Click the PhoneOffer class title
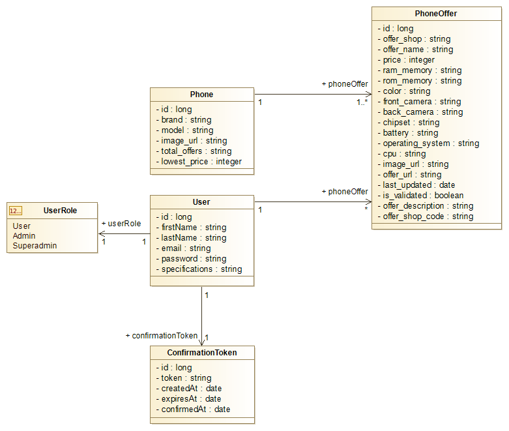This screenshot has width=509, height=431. coord(436,13)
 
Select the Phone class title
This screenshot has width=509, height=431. coord(201,95)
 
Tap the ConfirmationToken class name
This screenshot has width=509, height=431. coord(202,353)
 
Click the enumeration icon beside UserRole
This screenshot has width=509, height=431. coord(16,210)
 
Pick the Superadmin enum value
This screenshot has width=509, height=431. coord(35,246)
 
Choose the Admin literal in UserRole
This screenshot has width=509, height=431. coord(24,235)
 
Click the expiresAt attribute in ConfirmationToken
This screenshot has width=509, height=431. coord(188,399)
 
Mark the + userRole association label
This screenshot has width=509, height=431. coord(121,224)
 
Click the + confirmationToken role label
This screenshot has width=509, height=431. coord(161,336)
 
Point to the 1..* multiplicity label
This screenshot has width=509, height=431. coord(362,102)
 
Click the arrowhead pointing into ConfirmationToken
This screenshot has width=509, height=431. coord(202,342)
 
